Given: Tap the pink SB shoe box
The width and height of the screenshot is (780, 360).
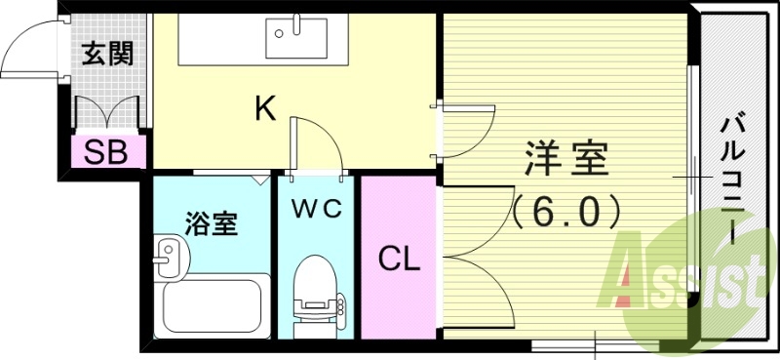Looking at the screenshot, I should point(107,152).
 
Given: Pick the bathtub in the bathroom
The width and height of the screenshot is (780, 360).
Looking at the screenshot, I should point(215,305).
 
